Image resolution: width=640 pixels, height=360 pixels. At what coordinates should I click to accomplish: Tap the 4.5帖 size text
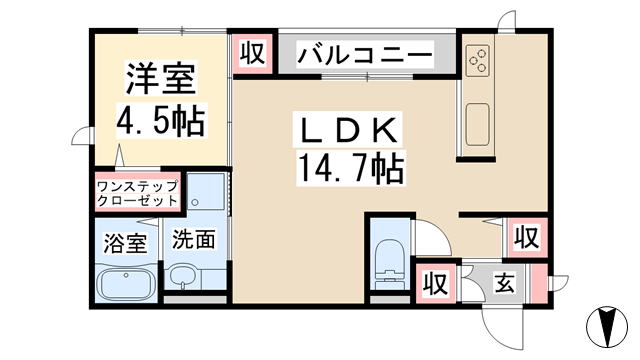(x=159, y=121)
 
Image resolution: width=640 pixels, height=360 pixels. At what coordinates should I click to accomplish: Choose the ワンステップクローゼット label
(x=137, y=193)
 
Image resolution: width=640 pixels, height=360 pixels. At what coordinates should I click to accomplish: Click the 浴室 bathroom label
(x=125, y=241)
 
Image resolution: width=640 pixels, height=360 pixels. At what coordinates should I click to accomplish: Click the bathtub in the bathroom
(x=126, y=285)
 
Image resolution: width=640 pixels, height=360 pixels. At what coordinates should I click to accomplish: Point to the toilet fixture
(x=388, y=263)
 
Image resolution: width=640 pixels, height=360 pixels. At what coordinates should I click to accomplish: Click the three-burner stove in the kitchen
(x=477, y=61)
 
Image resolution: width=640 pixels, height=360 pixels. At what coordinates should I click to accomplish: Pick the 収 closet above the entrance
(x=527, y=237)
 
